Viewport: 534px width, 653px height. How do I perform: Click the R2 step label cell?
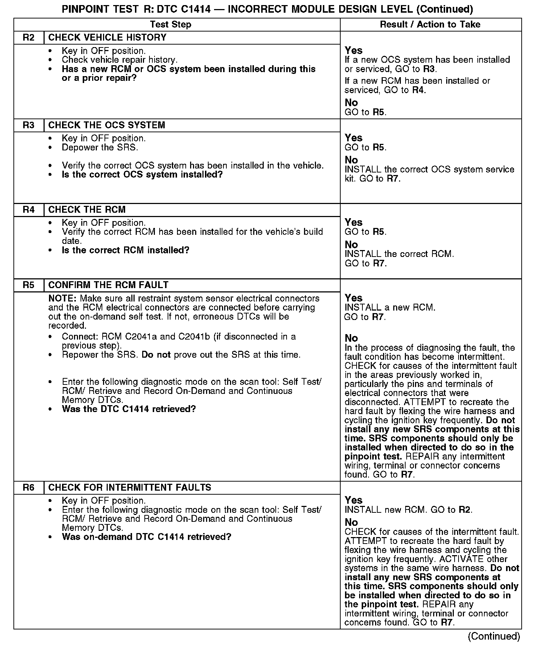29,38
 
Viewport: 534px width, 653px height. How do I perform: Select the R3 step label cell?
29,125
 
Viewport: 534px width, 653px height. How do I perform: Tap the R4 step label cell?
29,210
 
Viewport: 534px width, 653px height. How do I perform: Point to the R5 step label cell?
29,285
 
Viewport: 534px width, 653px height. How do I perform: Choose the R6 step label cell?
29,488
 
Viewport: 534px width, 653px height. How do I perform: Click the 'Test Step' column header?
171,25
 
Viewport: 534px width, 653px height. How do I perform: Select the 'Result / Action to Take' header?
430,25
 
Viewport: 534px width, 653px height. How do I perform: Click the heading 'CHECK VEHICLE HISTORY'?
107,38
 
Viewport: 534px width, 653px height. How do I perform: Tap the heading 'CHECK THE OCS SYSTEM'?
107,125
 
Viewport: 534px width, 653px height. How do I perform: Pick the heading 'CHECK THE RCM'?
87,210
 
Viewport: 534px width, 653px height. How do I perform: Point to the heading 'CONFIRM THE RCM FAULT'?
108,285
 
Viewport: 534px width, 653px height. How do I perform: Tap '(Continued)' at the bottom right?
494,636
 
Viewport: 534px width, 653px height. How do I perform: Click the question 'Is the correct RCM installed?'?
126,250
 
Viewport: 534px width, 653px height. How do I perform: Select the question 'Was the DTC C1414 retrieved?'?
129,409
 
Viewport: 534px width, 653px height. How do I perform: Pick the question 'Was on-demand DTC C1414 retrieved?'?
147,537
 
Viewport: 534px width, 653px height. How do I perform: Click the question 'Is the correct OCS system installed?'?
142,175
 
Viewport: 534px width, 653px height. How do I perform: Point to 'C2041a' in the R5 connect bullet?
141,337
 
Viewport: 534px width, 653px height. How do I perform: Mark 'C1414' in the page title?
196,9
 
